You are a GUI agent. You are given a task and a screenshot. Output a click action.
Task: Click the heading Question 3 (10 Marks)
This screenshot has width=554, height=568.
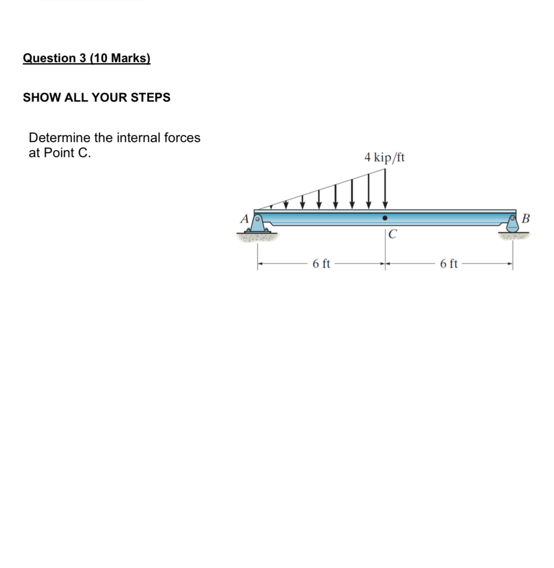click(86, 58)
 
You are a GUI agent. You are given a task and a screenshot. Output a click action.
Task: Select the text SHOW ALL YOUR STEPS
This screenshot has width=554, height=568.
click(97, 97)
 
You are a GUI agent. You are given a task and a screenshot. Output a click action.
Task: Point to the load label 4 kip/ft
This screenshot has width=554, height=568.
click(384, 158)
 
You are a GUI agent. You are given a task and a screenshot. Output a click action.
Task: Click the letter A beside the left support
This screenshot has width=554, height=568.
click(244, 219)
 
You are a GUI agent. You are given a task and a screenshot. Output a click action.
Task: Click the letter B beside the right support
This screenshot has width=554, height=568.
click(525, 218)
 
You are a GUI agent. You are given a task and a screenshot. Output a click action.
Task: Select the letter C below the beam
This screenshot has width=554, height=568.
click(393, 234)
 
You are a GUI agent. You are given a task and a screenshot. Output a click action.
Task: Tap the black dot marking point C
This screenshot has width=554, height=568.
click(385, 218)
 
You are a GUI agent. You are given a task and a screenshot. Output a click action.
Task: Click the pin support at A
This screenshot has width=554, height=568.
click(257, 224)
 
